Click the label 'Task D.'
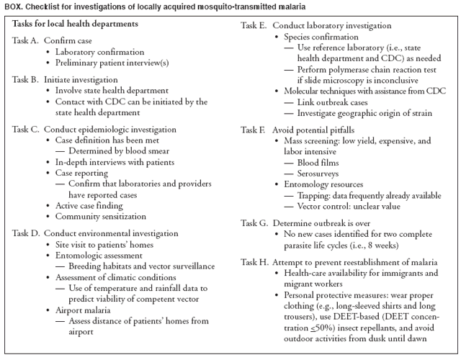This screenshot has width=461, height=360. pyautogui.click(x=26, y=233)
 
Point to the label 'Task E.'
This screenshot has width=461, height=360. pyautogui.click(x=253, y=24)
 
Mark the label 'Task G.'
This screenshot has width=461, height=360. pyautogui.click(x=253, y=223)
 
